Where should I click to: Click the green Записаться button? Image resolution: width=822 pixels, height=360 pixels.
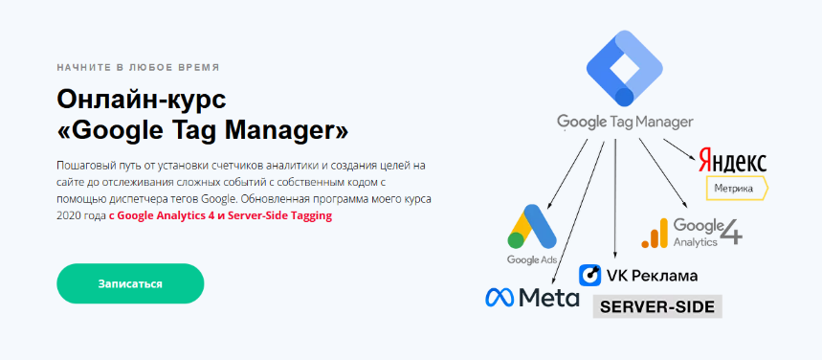tap(130, 284)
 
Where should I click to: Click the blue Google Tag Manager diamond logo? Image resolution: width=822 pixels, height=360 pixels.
tap(624, 69)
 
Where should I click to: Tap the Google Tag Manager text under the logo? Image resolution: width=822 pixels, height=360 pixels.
tap(625, 122)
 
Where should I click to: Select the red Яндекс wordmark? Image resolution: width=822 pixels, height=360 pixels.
tap(733, 160)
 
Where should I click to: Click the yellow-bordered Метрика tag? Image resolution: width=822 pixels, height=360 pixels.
tap(738, 188)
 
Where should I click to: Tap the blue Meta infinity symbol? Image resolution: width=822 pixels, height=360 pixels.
tap(499, 298)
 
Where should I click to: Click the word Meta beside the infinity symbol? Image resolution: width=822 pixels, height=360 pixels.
tap(548, 298)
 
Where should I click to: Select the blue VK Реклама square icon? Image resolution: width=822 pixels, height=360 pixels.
tap(590, 275)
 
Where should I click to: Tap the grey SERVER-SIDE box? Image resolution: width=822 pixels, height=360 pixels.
tap(656, 306)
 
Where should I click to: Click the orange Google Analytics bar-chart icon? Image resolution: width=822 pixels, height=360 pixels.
tap(654, 233)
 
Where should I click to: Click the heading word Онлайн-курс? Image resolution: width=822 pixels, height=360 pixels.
tap(141, 100)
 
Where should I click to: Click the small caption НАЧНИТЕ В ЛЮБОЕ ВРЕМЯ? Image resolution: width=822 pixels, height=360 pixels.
tap(138, 68)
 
